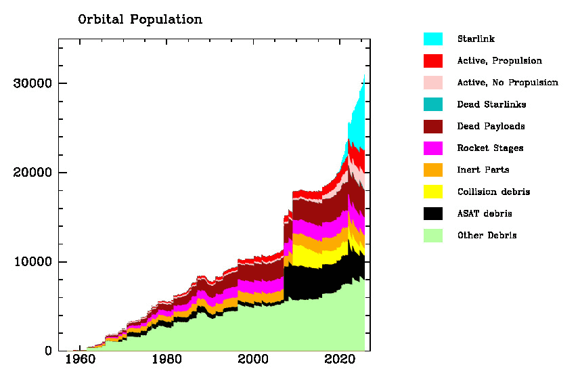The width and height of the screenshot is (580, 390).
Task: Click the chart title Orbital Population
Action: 140,20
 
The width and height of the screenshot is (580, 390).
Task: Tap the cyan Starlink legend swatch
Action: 433,39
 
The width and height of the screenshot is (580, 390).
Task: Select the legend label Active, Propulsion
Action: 499,61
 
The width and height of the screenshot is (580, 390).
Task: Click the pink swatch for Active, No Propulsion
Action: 433,83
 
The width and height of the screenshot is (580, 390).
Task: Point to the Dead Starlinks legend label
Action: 491,104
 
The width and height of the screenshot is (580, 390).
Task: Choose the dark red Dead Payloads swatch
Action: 433,126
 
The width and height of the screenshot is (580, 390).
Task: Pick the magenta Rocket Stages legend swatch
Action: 433,148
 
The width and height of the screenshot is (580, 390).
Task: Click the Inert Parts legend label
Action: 483,169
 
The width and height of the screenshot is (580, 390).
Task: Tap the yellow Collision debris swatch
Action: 433,192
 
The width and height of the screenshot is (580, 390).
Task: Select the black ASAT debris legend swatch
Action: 433,213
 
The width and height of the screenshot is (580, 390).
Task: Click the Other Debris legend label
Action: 487,236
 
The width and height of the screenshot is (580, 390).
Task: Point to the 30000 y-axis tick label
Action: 32,83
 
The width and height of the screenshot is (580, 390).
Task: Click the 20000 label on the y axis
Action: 32,173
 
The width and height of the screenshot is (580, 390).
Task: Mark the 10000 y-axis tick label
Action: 32,262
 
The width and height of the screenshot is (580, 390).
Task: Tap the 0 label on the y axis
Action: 48,351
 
